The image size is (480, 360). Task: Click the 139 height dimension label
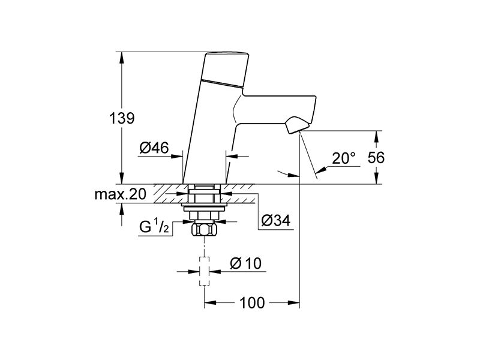click(x=122, y=118)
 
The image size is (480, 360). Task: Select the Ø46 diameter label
click(x=154, y=148)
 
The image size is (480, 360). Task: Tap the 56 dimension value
click(x=376, y=158)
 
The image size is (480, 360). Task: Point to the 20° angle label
click(x=344, y=158)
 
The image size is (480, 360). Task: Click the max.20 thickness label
click(x=121, y=194)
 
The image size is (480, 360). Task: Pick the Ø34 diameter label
click(x=276, y=220)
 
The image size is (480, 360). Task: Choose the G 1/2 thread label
click(x=154, y=227)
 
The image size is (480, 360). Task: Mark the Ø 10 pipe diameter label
click(x=246, y=263)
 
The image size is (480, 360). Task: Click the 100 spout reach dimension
click(x=252, y=303)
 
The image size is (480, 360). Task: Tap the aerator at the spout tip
click(x=296, y=125)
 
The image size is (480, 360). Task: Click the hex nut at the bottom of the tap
click(x=204, y=230)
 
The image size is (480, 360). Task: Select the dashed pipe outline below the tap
click(x=204, y=271)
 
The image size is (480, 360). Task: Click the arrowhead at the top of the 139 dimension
click(x=122, y=57)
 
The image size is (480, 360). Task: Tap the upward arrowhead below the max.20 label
click(x=122, y=209)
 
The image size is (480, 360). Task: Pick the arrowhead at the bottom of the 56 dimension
click(x=376, y=178)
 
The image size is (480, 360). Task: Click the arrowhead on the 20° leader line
click(x=320, y=170)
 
